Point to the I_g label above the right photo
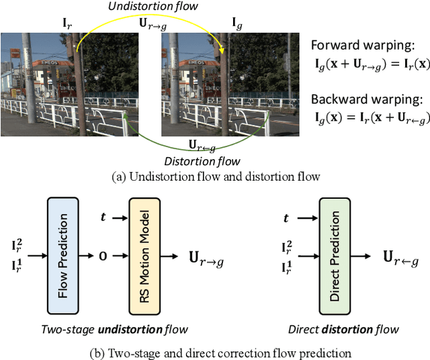click(238, 25)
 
